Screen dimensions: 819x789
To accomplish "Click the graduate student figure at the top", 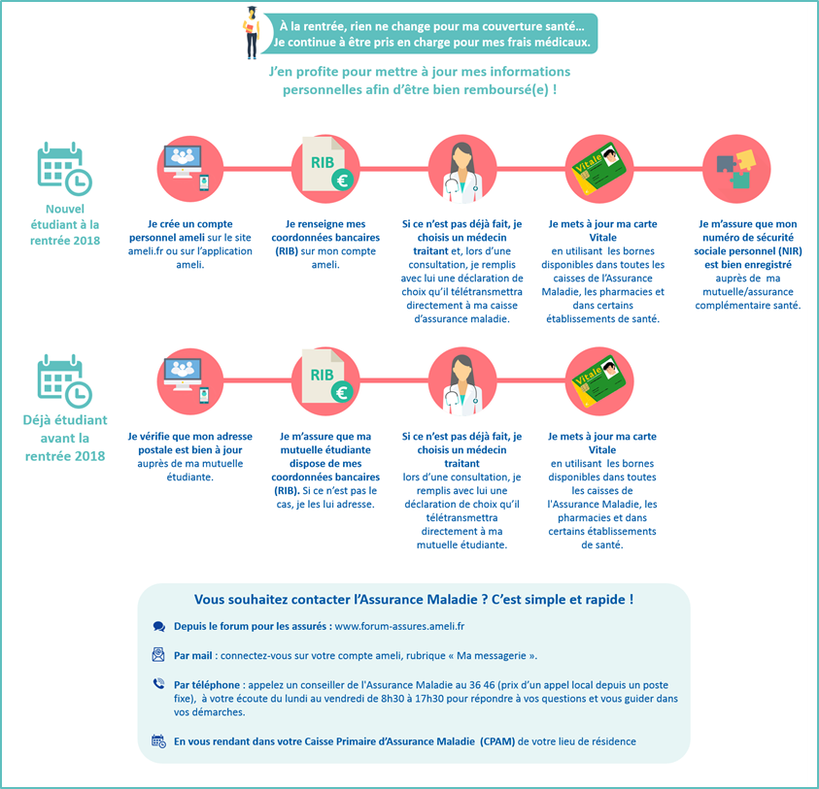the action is pyautogui.click(x=252, y=32).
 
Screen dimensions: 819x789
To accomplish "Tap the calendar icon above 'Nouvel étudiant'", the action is pyautogui.click(x=64, y=168).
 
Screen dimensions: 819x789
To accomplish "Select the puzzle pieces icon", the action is pyautogui.click(x=736, y=169).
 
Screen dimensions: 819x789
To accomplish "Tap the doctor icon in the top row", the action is pyautogui.click(x=461, y=172).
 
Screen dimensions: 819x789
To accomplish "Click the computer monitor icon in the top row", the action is pyautogui.click(x=183, y=162).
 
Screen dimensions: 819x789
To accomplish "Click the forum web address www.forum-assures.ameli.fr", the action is pyautogui.click(x=399, y=626).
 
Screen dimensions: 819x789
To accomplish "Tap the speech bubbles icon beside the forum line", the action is pyautogui.click(x=158, y=627).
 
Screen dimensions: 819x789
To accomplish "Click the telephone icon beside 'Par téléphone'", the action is pyautogui.click(x=158, y=683).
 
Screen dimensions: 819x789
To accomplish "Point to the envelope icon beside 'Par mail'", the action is pyautogui.click(x=158, y=654).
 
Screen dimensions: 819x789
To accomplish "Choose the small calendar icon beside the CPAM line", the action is pyautogui.click(x=158, y=741).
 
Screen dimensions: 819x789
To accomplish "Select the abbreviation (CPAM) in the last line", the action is pyautogui.click(x=497, y=741).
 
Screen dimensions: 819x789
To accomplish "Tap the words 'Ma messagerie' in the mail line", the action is pyautogui.click(x=491, y=655).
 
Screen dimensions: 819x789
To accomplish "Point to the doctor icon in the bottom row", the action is pyautogui.click(x=461, y=385).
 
